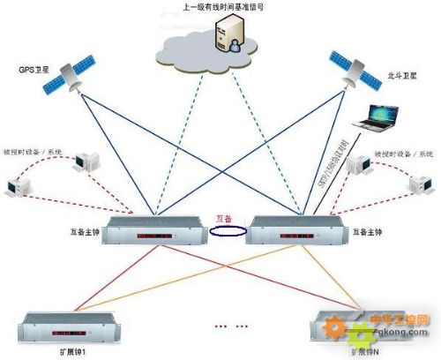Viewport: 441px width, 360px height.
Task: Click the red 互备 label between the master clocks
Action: [x=225, y=219]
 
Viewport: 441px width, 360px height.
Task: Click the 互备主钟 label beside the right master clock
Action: [x=372, y=233]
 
